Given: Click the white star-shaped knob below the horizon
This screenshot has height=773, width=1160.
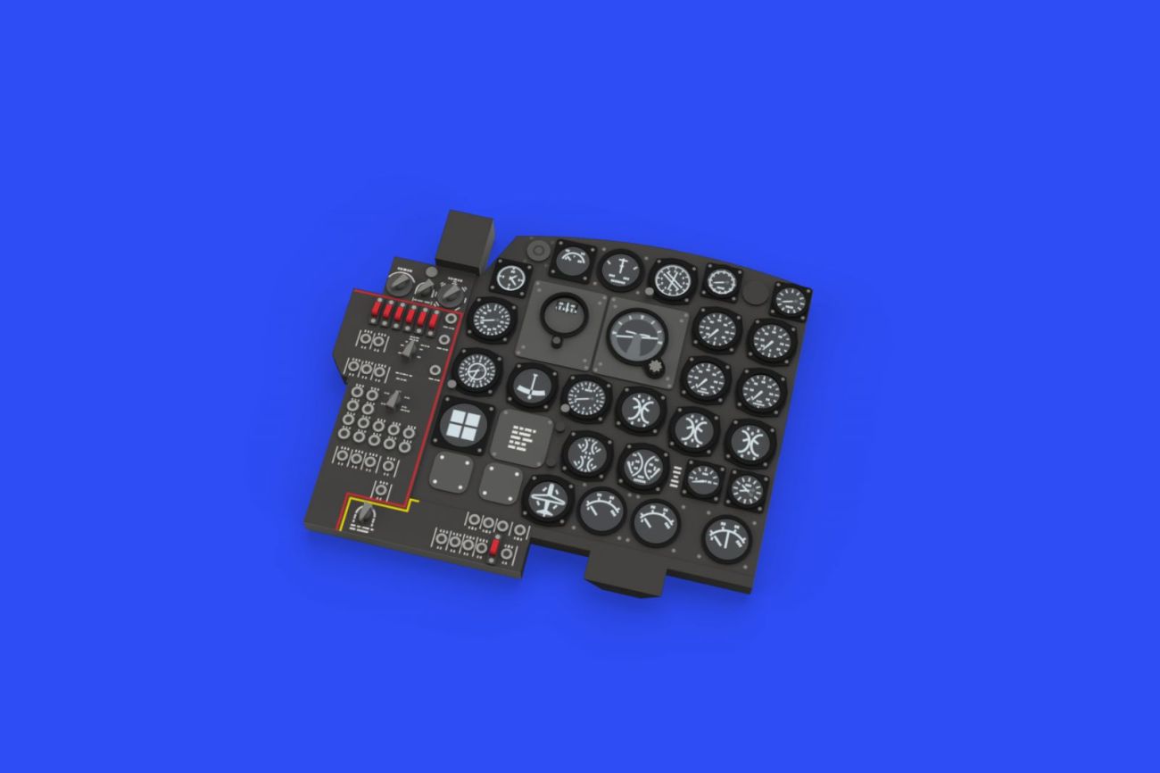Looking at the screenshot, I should pos(659,367).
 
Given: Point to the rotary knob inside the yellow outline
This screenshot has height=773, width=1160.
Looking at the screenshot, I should pos(363,516).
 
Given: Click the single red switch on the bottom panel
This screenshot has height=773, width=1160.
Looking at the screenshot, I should pos(493,545).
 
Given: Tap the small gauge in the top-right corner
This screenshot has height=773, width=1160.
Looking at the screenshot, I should pos(791,300).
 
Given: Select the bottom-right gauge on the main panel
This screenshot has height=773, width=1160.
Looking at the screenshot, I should pos(727,538).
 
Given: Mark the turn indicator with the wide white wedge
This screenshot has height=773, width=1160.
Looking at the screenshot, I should pos(533,386).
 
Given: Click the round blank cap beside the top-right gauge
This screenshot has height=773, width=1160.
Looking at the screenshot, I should pos(758,292).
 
